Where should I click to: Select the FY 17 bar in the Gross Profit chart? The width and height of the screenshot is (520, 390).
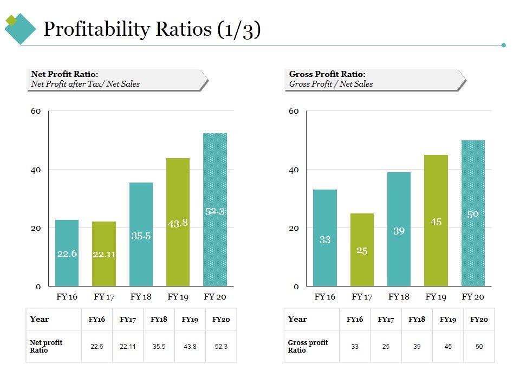click(362, 249)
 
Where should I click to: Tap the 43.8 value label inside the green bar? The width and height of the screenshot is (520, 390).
click(178, 223)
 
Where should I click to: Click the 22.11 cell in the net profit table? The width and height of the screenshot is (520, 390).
click(128, 346)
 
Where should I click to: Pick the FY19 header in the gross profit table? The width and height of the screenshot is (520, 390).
click(448, 320)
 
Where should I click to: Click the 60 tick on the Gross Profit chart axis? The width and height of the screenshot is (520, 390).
click(294, 111)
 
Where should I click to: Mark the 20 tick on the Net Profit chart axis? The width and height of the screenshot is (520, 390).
click(36, 228)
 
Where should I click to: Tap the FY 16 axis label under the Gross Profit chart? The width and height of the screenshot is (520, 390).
click(324, 297)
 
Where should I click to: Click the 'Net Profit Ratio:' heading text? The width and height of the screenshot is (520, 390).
click(64, 74)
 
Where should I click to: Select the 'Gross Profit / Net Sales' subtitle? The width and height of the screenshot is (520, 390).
click(331, 84)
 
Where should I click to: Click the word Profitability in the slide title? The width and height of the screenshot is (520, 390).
click(96, 29)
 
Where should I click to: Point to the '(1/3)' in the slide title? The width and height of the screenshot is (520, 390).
click(238, 29)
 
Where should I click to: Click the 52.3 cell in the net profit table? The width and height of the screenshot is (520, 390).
click(221, 346)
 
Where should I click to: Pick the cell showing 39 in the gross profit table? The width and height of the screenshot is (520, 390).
click(417, 346)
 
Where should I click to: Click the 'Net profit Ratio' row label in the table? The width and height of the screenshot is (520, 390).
click(46, 346)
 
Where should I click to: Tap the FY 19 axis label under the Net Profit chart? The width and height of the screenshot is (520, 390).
click(178, 297)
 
